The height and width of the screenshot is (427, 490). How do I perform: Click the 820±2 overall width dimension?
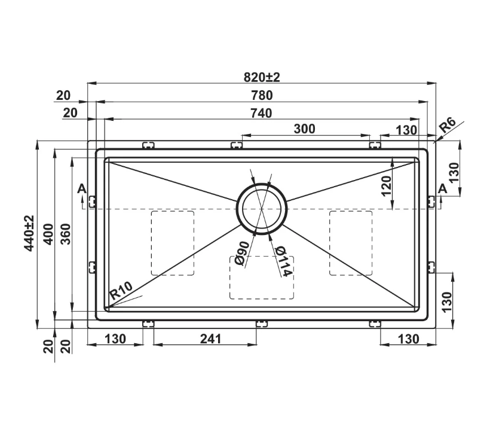click(262, 77)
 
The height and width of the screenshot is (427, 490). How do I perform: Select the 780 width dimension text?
click(262, 96)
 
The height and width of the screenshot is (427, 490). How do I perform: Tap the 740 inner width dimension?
click(261, 113)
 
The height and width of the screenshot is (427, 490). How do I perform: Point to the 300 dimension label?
click(304, 129)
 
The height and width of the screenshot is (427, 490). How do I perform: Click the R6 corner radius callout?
click(448, 125)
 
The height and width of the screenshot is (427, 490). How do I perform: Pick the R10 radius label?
click(121, 291)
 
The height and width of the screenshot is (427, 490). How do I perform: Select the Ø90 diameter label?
click(241, 254)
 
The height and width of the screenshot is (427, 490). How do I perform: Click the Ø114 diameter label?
click(284, 261)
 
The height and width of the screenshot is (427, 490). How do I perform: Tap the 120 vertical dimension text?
click(387, 186)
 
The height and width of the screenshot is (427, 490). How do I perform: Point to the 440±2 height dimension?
click(30, 233)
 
